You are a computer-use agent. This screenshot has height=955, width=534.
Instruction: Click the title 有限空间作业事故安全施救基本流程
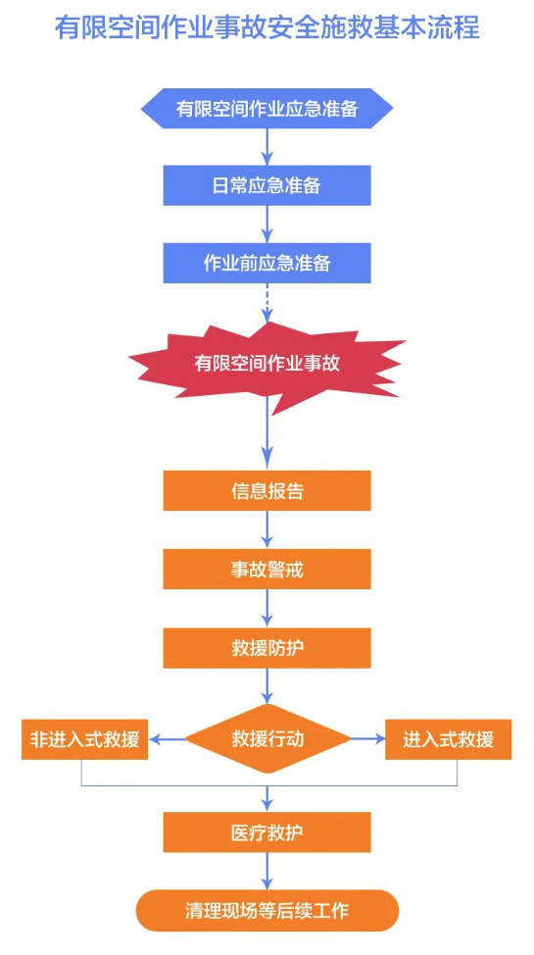[267, 28]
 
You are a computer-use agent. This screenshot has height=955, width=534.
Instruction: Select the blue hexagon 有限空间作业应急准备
[267, 109]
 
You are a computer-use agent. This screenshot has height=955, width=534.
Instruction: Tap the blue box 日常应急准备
[267, 185]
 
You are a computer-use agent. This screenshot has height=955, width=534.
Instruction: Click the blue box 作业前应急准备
[267, 263]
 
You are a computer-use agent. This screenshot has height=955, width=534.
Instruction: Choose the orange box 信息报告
[267, 490]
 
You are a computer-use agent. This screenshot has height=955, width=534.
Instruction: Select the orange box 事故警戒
[267, 569]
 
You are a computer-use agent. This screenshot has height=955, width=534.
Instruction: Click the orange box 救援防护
[267, 648]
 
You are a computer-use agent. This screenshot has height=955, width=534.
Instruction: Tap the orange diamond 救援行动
[267, 738]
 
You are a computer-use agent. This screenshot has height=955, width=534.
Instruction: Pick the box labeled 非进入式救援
[84, 739]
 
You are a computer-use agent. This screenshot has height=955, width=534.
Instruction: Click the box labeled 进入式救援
[448, 739]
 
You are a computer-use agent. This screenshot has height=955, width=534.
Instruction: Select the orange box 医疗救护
[267, 832]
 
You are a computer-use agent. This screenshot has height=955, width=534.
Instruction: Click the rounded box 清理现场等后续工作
[267, 911]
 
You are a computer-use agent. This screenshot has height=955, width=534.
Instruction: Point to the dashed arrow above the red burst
[267, 303]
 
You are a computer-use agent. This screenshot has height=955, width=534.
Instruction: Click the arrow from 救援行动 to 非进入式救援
[167, 739]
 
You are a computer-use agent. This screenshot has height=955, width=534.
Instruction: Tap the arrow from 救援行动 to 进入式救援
[367, 738]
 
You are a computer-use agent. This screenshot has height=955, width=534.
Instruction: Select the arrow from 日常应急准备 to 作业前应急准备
[267, 225]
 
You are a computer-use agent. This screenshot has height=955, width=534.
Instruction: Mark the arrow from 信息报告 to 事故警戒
[267, 529]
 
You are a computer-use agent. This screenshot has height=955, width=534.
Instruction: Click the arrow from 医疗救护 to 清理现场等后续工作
[267, 871]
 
